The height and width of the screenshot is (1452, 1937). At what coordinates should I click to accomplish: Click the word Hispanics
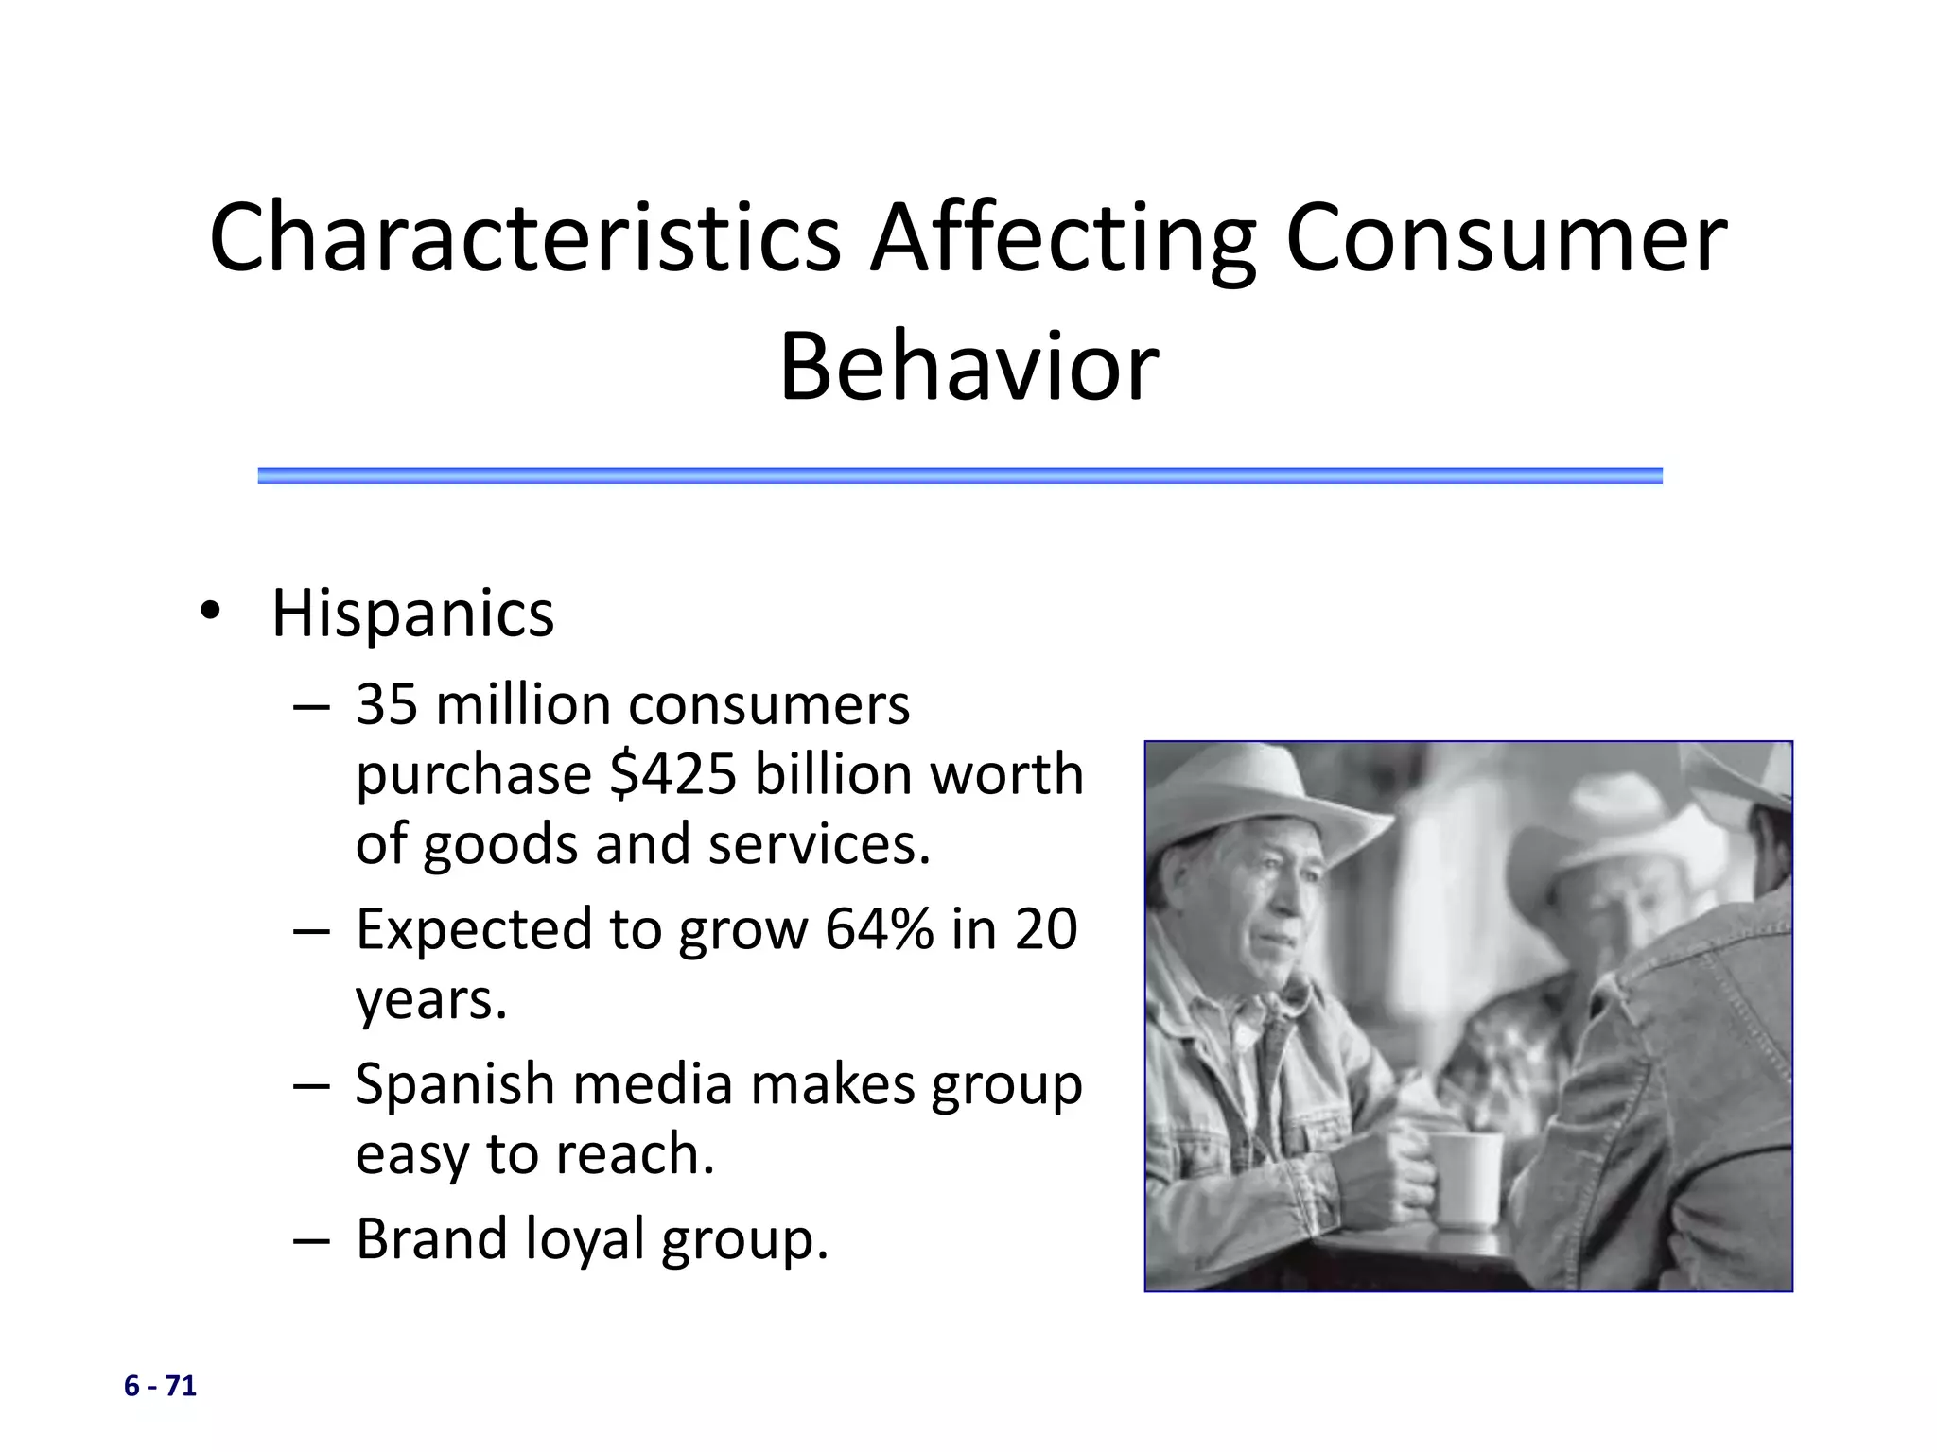point(412,614)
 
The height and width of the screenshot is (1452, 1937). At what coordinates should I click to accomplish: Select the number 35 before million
point(386,705)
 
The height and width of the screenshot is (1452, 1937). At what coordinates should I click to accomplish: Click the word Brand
point(431,1238)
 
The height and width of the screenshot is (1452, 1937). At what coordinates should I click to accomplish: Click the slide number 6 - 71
point(160,1386)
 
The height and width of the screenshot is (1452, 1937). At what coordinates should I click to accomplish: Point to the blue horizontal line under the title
point(959,475)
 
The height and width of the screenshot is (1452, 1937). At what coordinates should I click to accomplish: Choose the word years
point(431,1000)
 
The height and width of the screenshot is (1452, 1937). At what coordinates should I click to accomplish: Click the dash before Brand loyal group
point(311,1240)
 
